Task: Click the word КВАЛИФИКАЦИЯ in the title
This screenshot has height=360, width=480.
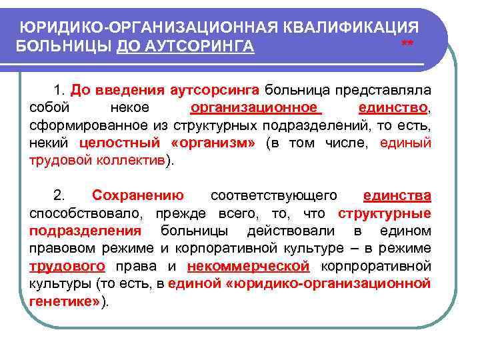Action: (x=352, y=27)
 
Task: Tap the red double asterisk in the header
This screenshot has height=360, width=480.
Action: (x=407, y=45)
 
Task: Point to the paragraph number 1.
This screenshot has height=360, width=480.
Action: (x=60, y=89)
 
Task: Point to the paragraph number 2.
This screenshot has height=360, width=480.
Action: (x=59, y=195)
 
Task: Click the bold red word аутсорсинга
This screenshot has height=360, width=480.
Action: (x=217, y=89)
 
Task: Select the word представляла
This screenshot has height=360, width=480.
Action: (x=383, y=89)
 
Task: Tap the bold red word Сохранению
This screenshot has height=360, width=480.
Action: (x=138, y=195)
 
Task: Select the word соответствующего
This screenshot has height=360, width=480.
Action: (x=273, y=195)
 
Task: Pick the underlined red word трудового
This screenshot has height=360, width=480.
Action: (x=67, y=266)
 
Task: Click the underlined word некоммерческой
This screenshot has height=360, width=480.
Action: (x=249, y=266)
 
